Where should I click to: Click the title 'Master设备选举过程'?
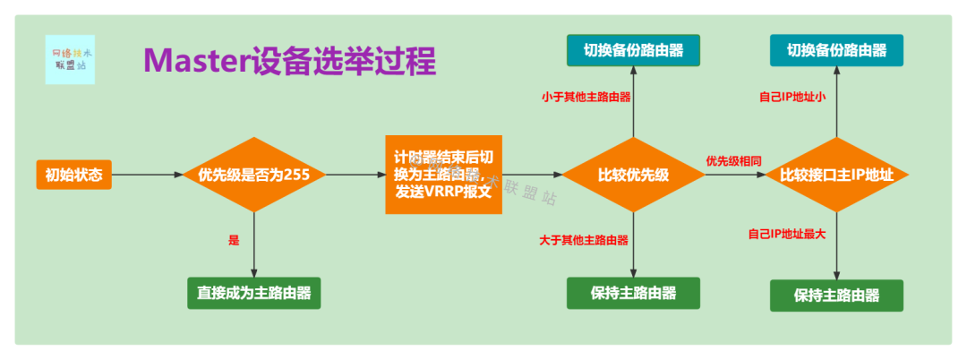289,61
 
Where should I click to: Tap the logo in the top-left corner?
70,59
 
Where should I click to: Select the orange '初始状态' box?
74,175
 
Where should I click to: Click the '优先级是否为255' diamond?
254,175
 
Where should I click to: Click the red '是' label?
235,240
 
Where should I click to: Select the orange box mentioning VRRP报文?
442,175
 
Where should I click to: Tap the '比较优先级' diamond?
633,175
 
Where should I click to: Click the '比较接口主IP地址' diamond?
836,175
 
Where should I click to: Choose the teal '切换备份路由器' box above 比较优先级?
632,50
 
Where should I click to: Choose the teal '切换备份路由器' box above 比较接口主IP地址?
836,50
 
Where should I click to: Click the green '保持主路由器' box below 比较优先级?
632,293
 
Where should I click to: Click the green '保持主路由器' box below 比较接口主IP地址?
836,296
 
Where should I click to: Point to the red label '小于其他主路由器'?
586,96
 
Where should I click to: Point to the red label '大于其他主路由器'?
584,240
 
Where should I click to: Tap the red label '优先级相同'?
733,161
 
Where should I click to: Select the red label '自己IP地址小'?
792,96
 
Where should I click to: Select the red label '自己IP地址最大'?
787,234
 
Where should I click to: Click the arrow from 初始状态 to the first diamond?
147,175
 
